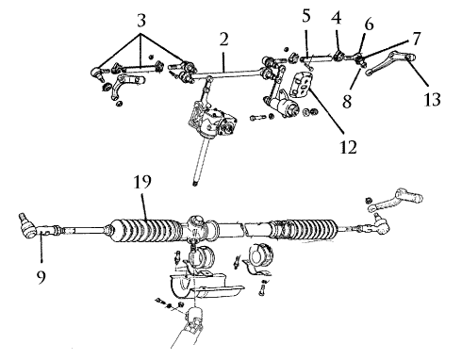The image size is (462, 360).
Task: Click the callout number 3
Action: [141, 21]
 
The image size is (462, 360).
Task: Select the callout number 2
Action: [223, 40]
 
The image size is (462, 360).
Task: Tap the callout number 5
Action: [306, 16]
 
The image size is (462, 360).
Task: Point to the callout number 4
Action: [337, 18]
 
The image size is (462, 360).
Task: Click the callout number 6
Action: [369, 25]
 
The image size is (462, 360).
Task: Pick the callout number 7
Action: [416, 39]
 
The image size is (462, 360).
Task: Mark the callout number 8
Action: [347, 102]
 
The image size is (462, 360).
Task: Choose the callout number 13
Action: [432, 100]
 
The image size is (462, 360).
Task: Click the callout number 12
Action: [349, 147]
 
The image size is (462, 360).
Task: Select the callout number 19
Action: [142, 182]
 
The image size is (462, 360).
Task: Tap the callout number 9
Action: [41, 277]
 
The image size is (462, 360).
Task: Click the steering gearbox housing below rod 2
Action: [212, 121]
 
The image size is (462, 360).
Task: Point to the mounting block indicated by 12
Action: [302, 84]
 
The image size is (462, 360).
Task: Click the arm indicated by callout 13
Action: [389, 64]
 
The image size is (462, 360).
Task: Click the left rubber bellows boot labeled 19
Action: [143, 231]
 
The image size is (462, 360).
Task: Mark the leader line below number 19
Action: [145, 207]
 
